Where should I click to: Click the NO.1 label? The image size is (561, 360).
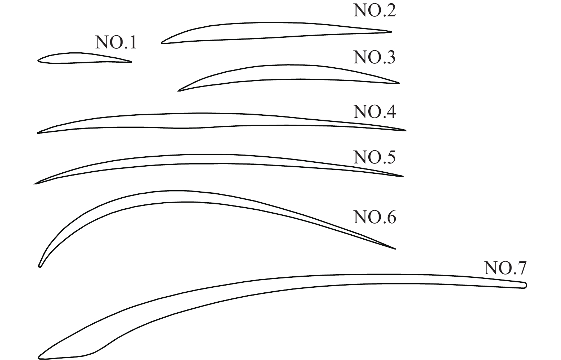click(116, 42)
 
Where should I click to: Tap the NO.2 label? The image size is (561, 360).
click(374, 10)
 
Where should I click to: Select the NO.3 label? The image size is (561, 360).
click(374, 57)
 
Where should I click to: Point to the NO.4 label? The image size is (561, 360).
click(374, 111)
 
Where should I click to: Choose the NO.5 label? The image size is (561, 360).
click(374, 157)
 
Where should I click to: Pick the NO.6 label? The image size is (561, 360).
click(374, 217)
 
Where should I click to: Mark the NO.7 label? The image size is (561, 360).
click(505, 268)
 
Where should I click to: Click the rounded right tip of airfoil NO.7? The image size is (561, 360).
click(525, 285)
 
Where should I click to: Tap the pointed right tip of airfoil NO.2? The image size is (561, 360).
click(391, 32)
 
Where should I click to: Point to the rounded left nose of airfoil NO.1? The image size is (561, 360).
click(38, 61)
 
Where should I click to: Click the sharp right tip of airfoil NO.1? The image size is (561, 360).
click(131, 62)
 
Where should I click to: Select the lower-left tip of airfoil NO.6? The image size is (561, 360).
click(40, 266)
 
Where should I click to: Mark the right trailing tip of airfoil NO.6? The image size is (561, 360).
click(395, 249)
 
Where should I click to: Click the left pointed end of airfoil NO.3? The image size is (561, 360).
click(178, 90)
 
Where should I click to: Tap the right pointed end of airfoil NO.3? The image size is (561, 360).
click(399, 83)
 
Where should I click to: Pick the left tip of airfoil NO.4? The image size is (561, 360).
click(38, 133)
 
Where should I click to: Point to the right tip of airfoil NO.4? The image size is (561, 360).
click(406, 130)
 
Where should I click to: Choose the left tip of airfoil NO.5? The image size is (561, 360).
click(35, 184)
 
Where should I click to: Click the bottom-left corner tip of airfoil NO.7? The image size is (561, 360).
click(39, 357)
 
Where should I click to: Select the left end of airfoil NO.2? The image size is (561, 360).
click(162, 42)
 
